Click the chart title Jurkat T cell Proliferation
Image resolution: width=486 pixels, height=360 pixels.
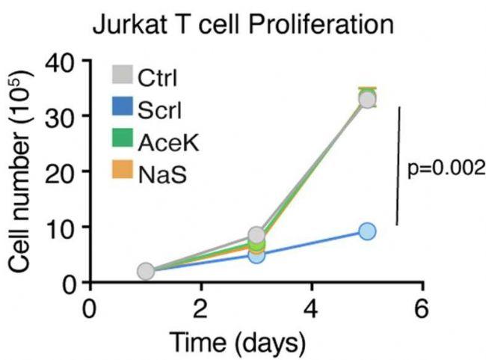pos(243,25)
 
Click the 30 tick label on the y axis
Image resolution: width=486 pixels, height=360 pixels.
pos(64,116)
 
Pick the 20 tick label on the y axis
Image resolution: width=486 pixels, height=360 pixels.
pos(64,171)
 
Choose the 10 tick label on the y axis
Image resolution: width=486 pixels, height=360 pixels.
pos(64,227)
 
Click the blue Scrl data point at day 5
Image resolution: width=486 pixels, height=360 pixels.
pos(367,231)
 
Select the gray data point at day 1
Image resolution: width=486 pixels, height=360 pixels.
pos(146,271)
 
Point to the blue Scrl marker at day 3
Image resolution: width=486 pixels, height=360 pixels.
pos(256,254)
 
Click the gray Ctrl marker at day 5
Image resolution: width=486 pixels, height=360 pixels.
pos(367,100)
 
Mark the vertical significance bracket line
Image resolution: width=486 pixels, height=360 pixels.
pos(397,165)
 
